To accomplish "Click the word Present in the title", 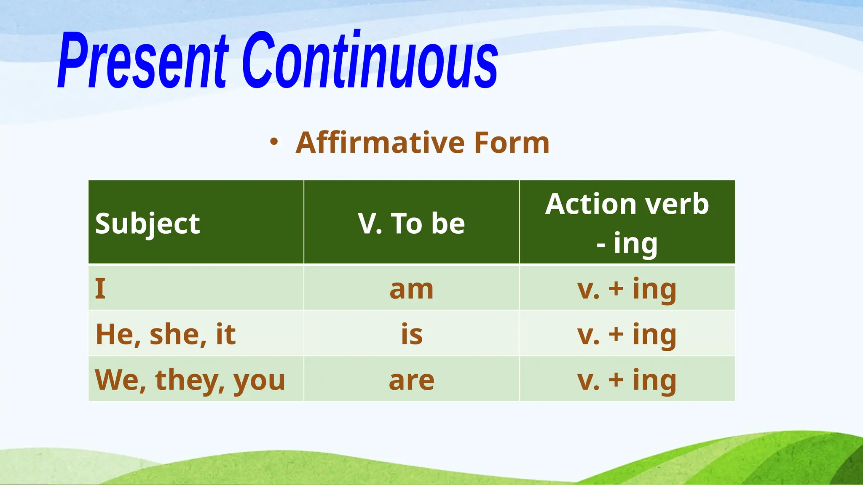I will click(143, 61).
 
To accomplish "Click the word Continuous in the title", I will click(370, 61).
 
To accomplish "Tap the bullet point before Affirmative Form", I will click(274, 142).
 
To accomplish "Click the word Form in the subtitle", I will click(512, 143).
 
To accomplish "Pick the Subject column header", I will click(147, 223).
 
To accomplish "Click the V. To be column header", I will click(411, 223).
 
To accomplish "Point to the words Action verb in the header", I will click(627, 204).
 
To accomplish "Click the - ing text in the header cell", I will click(627, 243).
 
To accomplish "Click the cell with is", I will click(411, 335).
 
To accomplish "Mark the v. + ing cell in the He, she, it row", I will click(627, 335).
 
